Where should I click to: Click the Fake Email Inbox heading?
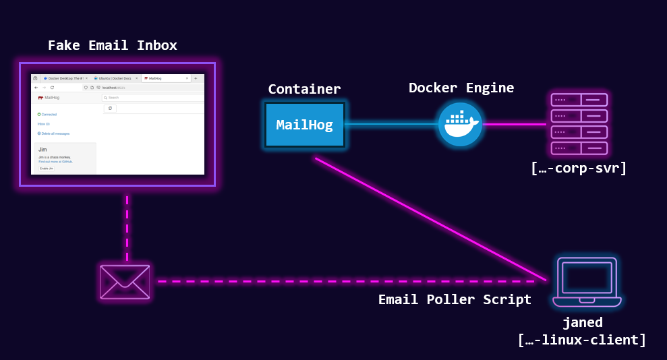(113, 46)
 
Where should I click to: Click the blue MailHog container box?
(304, 125)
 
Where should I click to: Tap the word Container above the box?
(304, 89)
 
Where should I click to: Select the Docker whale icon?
(460, 125)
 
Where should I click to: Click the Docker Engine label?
(461, 88)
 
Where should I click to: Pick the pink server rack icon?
(579, 124)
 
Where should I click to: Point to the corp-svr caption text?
(579, 168)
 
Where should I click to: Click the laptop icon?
(586, 282)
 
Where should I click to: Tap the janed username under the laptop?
(582, 322)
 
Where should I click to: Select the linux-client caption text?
(582, 340)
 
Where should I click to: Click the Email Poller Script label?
(455, 299)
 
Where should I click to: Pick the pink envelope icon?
(125, 281)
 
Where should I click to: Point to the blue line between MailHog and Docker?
(391, 124)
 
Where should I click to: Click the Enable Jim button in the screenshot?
(47, 168)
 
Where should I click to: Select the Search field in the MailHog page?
(152, 98)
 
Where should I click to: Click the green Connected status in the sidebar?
(48, 115)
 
